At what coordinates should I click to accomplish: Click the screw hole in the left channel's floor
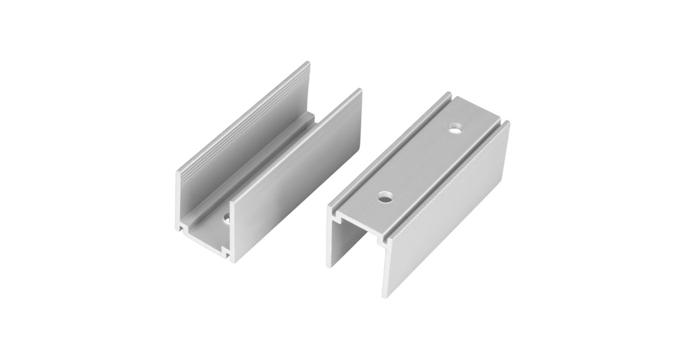tap(227, 217)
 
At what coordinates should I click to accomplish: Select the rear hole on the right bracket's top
tap(456, 129)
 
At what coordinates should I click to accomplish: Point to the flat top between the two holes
tap(420, 163)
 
